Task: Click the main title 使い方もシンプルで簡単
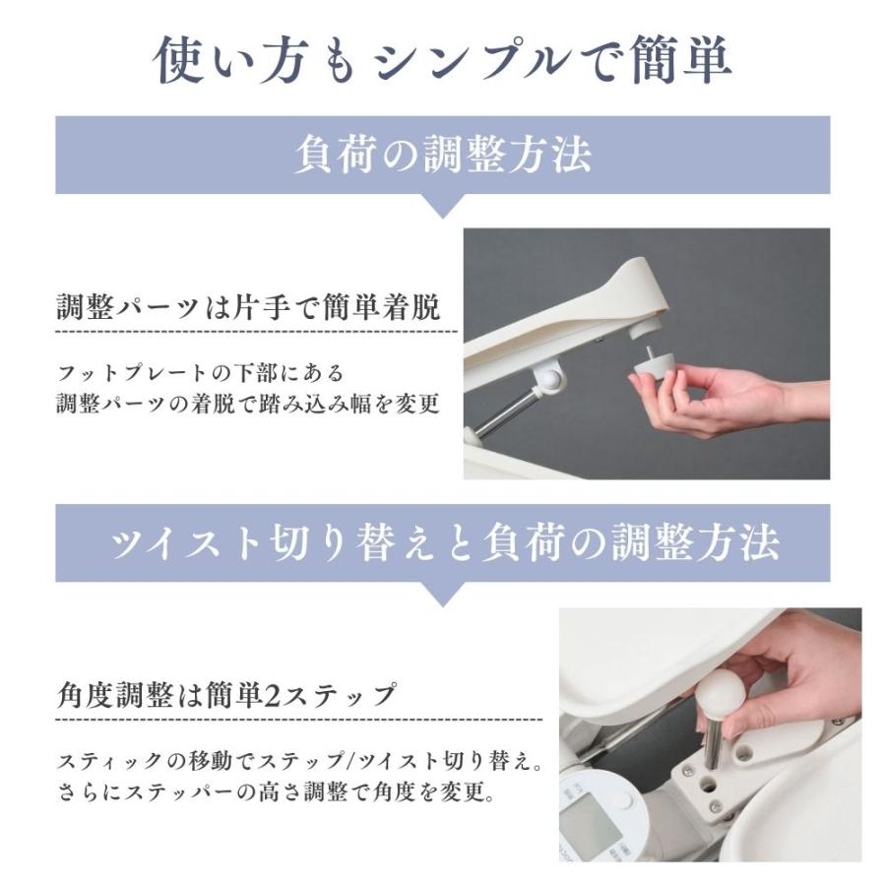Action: pyautogui.click(x=442, y=61)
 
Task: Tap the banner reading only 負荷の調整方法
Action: pyautogui.click(x=442, y=156)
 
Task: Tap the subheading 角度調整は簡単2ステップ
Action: pyautogui.click(x=226, y=696)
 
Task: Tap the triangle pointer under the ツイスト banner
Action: pyautogui.click(x=442, y=593)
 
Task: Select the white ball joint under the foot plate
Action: pyautogui.click(x=547, y=378)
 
